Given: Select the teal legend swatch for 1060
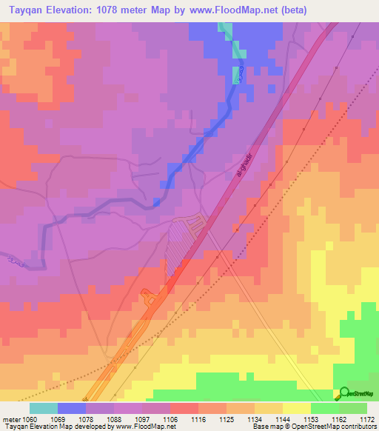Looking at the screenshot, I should (44, 408).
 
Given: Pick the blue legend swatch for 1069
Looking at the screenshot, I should (72, 408).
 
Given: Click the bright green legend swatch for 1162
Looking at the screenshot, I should (325, 408).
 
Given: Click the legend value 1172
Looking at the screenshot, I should (367, 420).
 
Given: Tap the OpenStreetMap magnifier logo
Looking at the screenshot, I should (344, 393).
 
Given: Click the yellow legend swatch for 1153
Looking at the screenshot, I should (297, 408).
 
